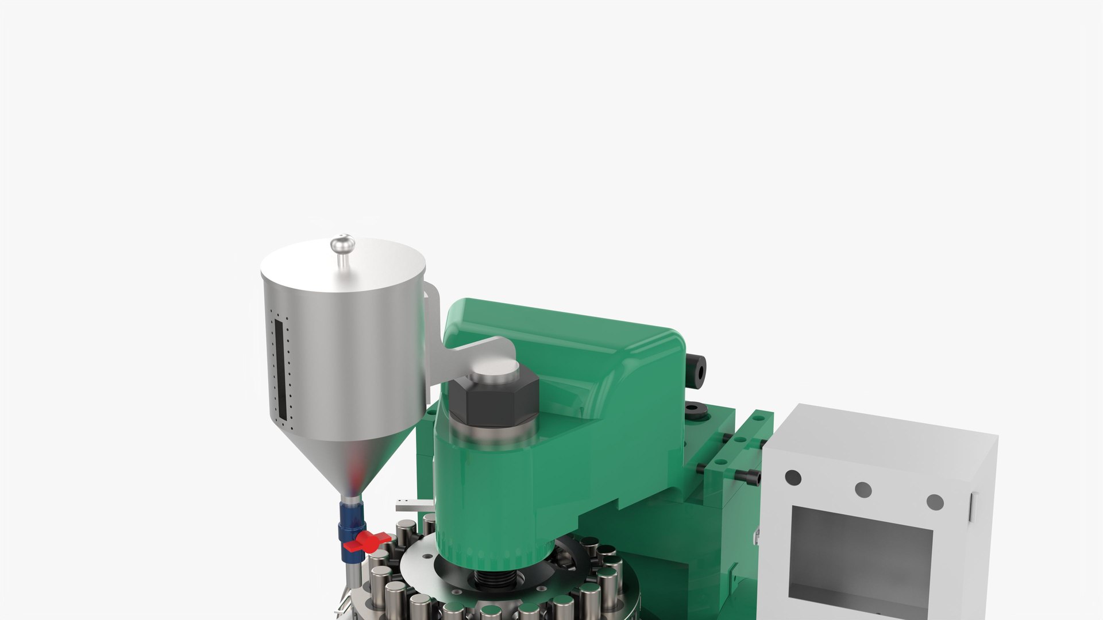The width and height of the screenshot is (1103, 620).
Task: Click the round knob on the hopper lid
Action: [342, 243]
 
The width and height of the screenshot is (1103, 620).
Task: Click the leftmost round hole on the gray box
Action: [793, 478]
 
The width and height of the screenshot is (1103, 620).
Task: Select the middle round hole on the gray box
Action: [863, 490]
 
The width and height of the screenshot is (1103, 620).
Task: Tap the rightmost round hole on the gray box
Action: [935, 502]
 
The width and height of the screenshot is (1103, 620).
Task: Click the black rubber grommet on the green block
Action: [697, 411]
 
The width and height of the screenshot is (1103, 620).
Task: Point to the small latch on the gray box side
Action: [973, 507]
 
